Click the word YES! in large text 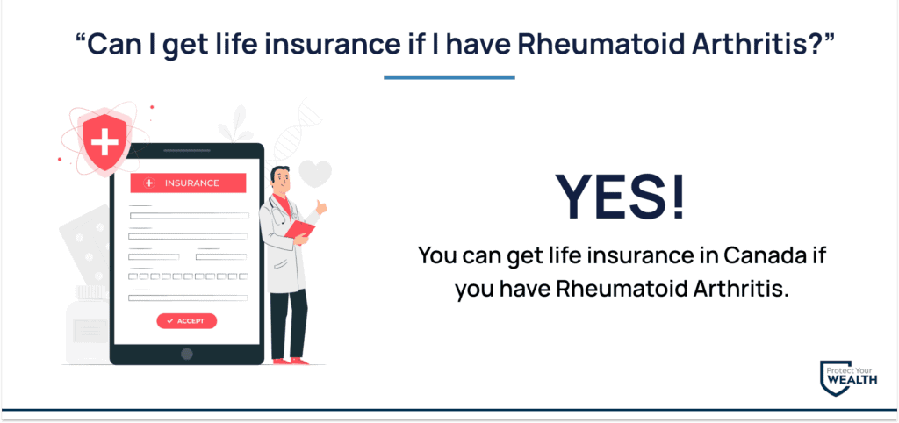[622, 196]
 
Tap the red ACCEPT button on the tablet [187, 321]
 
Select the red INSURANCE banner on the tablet [188, 183]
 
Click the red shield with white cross [105, 142]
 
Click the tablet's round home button [187, 354]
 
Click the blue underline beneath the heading [449, 78]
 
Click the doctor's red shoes [290, 361]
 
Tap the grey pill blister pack [85, 247]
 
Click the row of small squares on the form [188, 276]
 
